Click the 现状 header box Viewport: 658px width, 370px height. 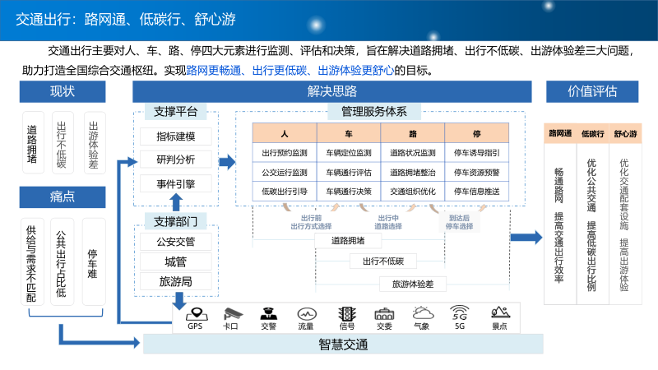click(63, 91)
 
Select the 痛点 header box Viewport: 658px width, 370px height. click(63, 196)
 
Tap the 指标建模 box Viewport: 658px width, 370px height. click(175, 136)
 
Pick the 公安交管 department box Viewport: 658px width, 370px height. click(175, 242)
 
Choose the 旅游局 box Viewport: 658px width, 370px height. click(175, 282)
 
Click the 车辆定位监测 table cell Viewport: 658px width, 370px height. click(349, 152)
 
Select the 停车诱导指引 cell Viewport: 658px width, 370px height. click(477, 152)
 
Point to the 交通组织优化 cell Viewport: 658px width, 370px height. click(413, 191)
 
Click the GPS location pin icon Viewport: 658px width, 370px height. click(195, 312)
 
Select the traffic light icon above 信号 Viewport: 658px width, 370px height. click(347, 312)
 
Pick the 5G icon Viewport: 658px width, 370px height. click(460, 312)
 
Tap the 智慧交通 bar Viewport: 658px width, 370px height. click(343, 345)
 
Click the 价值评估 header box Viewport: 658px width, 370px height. click(592, 91)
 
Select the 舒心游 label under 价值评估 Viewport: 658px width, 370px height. click(627, 133)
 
